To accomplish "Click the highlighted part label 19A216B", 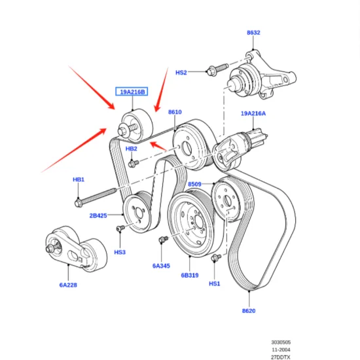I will pos(133,92).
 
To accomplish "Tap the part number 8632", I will pos(253,32).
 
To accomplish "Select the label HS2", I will pos(181,73).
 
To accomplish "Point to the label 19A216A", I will pos(253,113).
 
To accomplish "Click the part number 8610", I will pos(175,112).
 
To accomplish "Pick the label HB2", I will pos(132,150).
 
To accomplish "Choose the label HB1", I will pos(79,179).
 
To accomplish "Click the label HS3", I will pos(120,251).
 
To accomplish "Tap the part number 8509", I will pos(195,185).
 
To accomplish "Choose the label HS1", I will pos(215,283).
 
